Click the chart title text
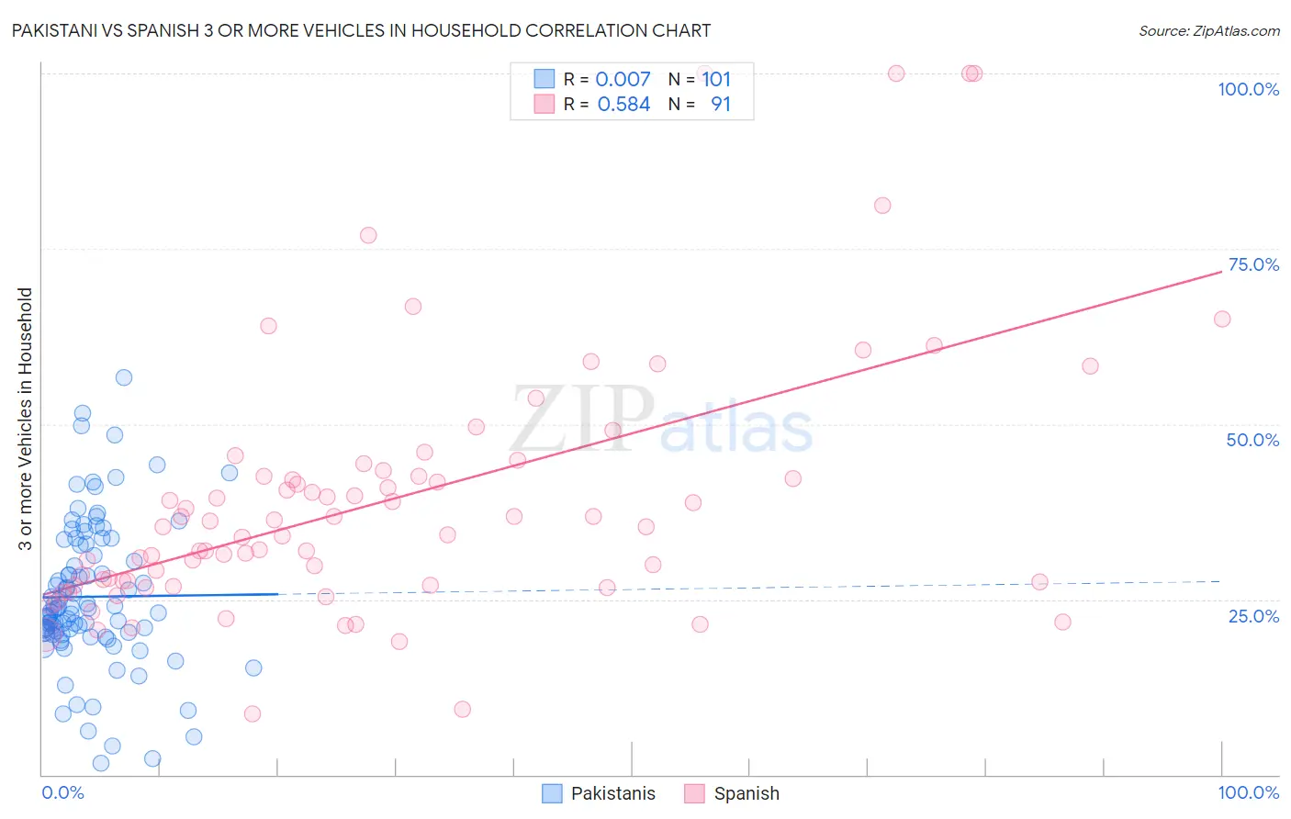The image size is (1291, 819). click(x=361, y=30)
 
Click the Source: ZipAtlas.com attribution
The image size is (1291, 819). click(x=1208, y=30)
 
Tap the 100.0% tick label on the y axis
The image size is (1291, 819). click(x=1248, y=89)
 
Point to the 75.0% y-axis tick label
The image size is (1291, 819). click(x=1253, y=264)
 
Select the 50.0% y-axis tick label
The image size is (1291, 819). click(x=1252, y=440)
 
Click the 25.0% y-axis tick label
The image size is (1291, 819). click(x=1253, y=615)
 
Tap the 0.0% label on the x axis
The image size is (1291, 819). click(x=62, y=792)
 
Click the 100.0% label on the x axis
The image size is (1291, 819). click(x=1248, y=792)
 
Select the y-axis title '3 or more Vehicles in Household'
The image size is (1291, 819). click(x=26, y=419)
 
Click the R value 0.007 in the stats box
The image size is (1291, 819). click(x=623, y=80)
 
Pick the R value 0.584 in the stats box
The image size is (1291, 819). click(x=623, y=105)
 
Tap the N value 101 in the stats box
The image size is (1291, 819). click(x=716, y=80)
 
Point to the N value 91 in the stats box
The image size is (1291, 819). click(x=721, y=105)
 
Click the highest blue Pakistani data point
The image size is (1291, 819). click(x=124, y=377)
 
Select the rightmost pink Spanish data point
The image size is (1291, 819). click(x=1222, y=319)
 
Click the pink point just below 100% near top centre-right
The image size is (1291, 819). click(x=882, y=206)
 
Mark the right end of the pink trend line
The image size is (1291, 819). click(x=1221, y=271)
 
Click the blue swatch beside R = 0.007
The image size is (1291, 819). click(x=544, y=79)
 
